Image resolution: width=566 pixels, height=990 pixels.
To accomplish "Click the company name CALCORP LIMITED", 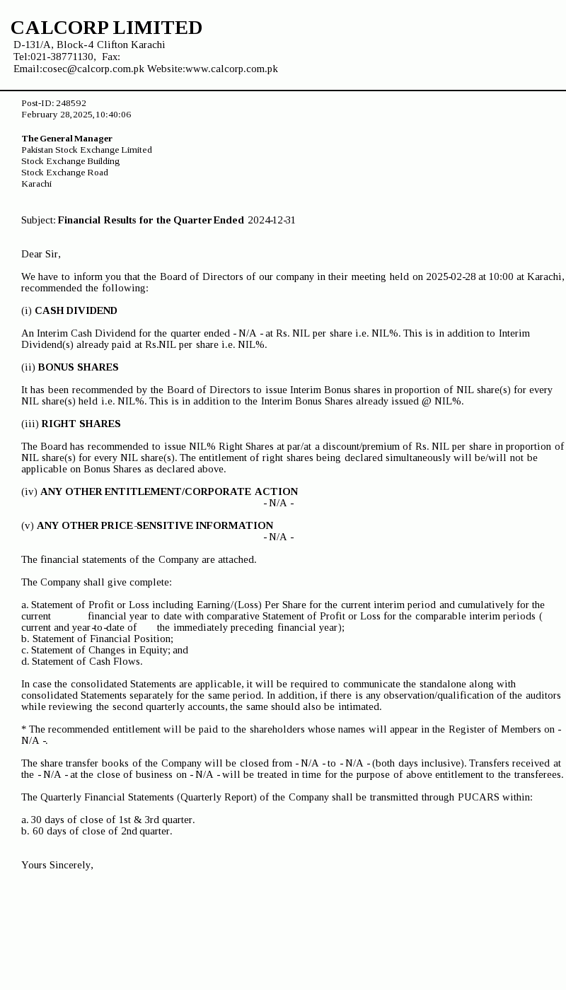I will click(106, 28).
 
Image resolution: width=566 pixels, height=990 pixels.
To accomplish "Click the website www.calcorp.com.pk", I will click(231, 69).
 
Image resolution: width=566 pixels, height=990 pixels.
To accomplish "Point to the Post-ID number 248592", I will click(71, 103).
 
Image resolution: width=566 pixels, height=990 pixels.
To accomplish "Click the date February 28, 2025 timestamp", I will click(76, 115).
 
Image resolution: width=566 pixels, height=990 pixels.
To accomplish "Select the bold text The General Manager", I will click(67, 139).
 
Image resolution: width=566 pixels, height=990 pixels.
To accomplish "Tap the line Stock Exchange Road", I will click(64, 173).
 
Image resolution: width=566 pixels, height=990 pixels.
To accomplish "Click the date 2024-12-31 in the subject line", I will click(272, 220).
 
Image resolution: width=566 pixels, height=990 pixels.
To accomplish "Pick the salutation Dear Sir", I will click(40, 254).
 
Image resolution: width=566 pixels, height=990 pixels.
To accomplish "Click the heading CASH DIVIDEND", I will click(76, 310).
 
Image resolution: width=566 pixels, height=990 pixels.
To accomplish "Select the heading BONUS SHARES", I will click(78, 367).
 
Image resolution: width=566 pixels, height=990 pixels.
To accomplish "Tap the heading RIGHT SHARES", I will click(81, 424).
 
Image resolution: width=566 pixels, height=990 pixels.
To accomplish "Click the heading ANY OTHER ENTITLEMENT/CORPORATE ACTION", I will click(169, 491).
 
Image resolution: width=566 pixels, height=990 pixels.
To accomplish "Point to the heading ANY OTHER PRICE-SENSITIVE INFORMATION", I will click(155, 525).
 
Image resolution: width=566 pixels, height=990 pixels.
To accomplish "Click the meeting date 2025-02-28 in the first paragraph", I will click(451, 276).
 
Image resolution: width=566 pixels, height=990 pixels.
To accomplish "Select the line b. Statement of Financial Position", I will click(97, 639).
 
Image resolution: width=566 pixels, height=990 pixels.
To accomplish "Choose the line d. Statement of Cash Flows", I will click(81, 661).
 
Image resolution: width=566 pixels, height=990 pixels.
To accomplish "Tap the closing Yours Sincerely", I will click(57, 865).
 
